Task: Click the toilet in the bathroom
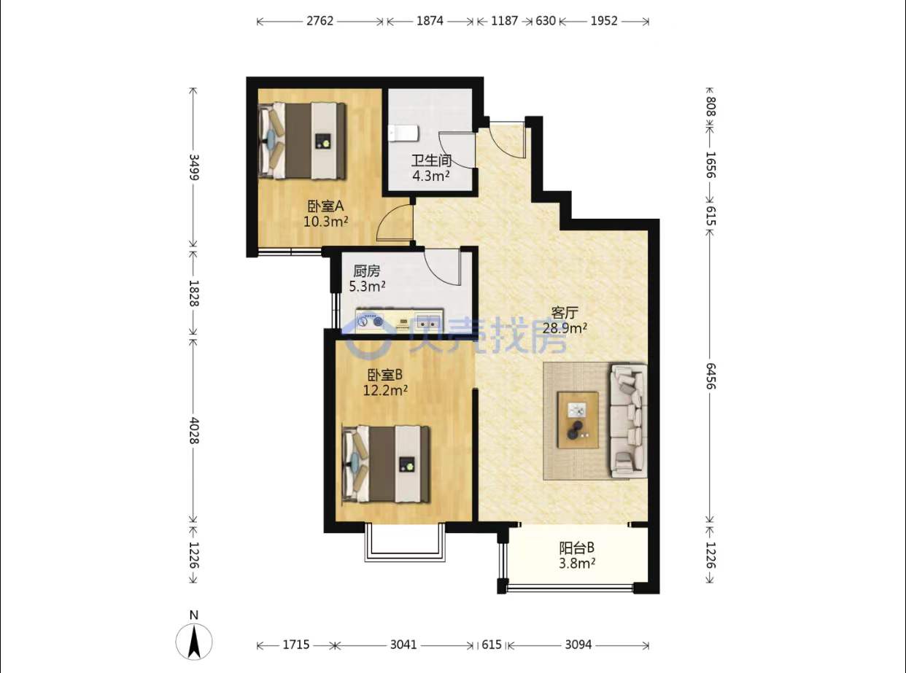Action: click(x=404, y=133)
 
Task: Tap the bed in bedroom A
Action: click(x=302, y=141)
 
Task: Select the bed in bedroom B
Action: click(x=386, y=464)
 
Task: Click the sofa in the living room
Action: click(x=629, y=421)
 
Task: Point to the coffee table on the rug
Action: click(x=578, y=420)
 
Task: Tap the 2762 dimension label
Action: click(x=320, y=21)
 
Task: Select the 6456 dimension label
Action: click(x=711, y=376)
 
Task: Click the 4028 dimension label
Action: click(x=194, y=430)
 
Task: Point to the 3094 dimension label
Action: click(x=578, y=645)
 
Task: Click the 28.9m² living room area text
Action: click(x=565, y=328)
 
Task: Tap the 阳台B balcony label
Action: click(x=577, y=548)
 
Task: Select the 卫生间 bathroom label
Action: click(x=431, y=160)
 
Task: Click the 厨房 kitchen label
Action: click(x=367, y=271)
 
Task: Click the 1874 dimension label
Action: click(x=430, y=21)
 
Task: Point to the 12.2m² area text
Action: click(x=385, y=391)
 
